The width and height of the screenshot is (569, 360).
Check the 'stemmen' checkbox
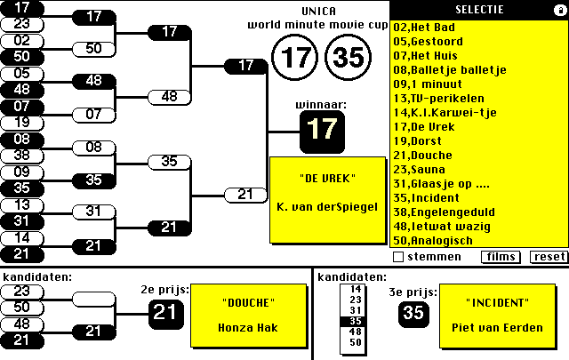point(398,257)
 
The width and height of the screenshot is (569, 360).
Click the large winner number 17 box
point(323,129)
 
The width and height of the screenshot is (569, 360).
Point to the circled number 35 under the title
point(349,58)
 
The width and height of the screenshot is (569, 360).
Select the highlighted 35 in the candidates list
point(356,321)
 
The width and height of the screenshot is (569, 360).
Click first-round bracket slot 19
point(22,122)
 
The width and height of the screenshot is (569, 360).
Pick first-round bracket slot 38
point(22,155)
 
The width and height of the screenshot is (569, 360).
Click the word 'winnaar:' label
point(321,105)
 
